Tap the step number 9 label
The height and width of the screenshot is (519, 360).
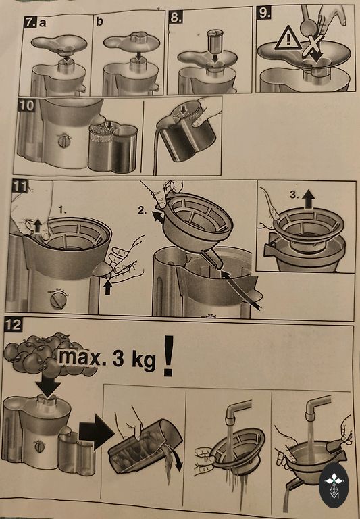point(264,13)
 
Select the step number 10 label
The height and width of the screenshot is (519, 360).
point(26,105)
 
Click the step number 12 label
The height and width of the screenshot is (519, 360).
point(14,325)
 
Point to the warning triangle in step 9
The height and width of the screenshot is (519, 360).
point(288,39)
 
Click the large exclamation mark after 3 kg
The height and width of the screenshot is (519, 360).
point(168,356)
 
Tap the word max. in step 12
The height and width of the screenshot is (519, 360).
point(80,357)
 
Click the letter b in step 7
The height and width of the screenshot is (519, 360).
point(99,22)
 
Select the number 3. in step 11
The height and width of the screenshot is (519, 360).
point(294,195)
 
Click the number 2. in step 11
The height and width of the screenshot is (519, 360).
point(143,211)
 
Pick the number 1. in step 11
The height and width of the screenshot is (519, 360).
point(62,210)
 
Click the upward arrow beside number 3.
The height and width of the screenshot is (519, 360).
point(309,199)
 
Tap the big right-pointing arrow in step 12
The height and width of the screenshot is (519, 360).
point(97,431)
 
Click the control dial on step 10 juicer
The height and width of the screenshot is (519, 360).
point(64,141)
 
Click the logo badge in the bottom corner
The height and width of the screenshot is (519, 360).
point(334,485)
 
